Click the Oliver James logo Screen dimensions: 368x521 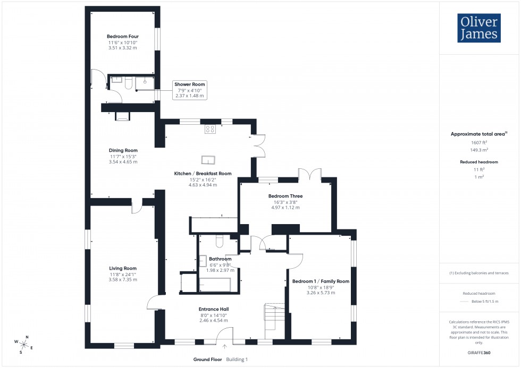(x=478, y=28)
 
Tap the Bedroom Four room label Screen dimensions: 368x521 (x=123, y=37)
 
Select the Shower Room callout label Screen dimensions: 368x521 (x=189, y=84)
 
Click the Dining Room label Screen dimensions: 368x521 (x=123, y=150)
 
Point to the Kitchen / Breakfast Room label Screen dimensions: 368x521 (x=203, y=174)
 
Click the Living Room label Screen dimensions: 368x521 (x=123, y=268)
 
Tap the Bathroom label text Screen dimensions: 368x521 (x=220, y=259)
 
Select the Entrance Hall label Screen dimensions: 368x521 (x=214, y=309)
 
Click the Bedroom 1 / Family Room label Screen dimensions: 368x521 (x=321, y=281)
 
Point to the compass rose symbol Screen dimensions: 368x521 (x=24, y=344)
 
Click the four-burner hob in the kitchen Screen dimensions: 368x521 (x=210, y=129)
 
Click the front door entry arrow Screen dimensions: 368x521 (x=224, y=347)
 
